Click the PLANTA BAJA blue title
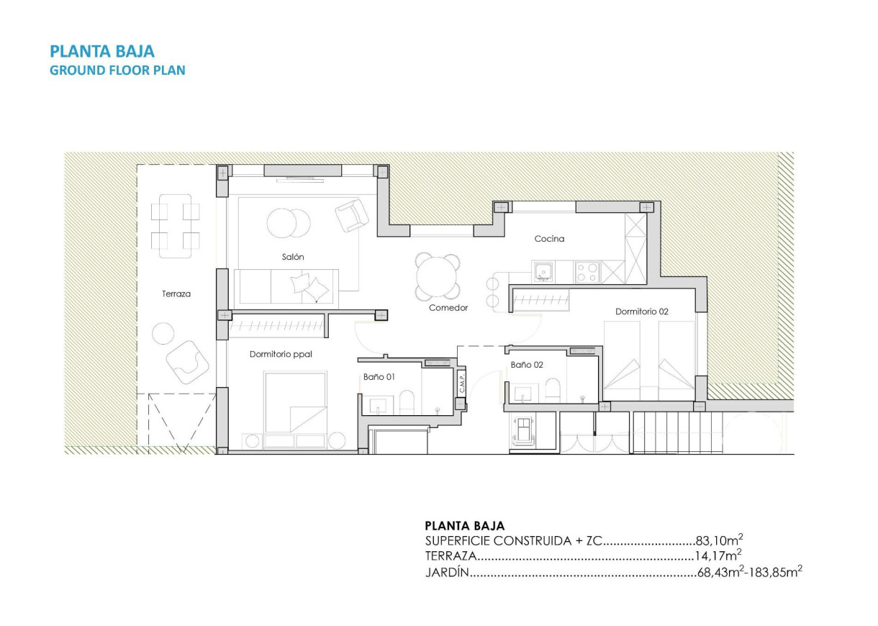click(101, 51)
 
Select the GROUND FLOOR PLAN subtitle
click(117, 71)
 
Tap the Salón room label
click(293, 256)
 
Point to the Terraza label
click(176, 294)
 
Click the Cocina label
click(549, 238)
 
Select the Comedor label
click(448, 307)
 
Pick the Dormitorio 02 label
click(642, 312)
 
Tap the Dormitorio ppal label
click(281, 354)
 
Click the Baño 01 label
click(379, 376)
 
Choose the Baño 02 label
click(527, 365)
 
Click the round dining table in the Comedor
click(438, 277)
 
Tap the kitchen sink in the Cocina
click(543, 272)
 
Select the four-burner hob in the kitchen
click(587, 272)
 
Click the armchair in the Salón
click(352, 215)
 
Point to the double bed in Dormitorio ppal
click(294, 403)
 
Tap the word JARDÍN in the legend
click(447, 573)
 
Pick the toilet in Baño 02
click(553, 390)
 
